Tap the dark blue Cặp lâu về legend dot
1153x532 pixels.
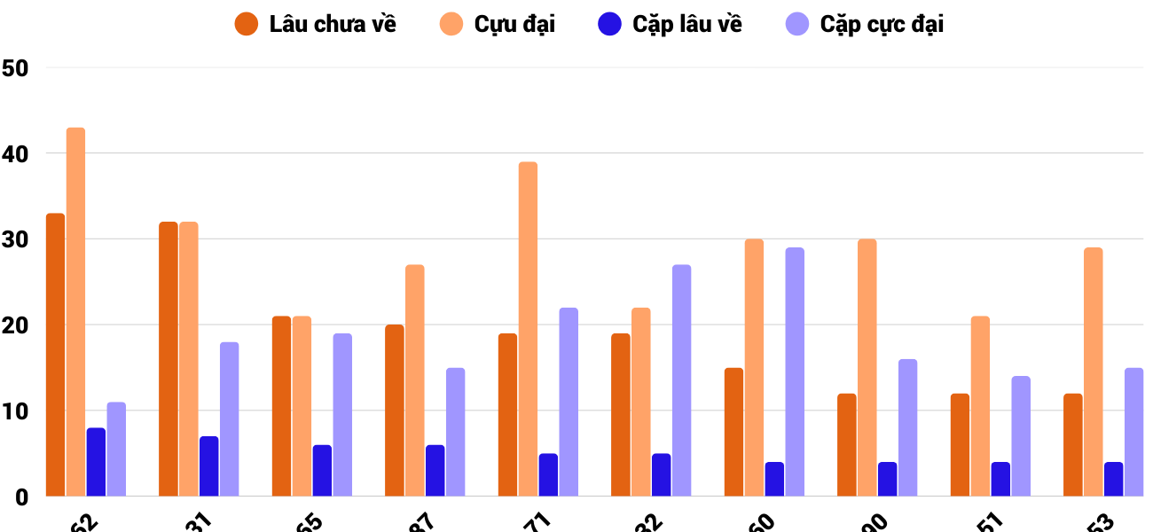point(609,24)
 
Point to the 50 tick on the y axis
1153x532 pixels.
point(16,68)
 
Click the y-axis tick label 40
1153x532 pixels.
point(16,154)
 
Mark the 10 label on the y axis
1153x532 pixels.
point(16,411)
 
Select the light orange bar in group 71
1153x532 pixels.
point(529,329)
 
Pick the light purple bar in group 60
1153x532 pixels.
point(795,372)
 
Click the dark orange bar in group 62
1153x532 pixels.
point(56,355)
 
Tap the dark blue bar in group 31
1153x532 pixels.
point(209,466)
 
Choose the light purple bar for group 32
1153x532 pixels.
point(681,380)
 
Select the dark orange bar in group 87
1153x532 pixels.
point(395,411)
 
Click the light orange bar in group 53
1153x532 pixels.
point(1094,372)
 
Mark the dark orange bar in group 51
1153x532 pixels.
point(960,445)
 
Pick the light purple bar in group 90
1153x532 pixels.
point(907,427)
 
